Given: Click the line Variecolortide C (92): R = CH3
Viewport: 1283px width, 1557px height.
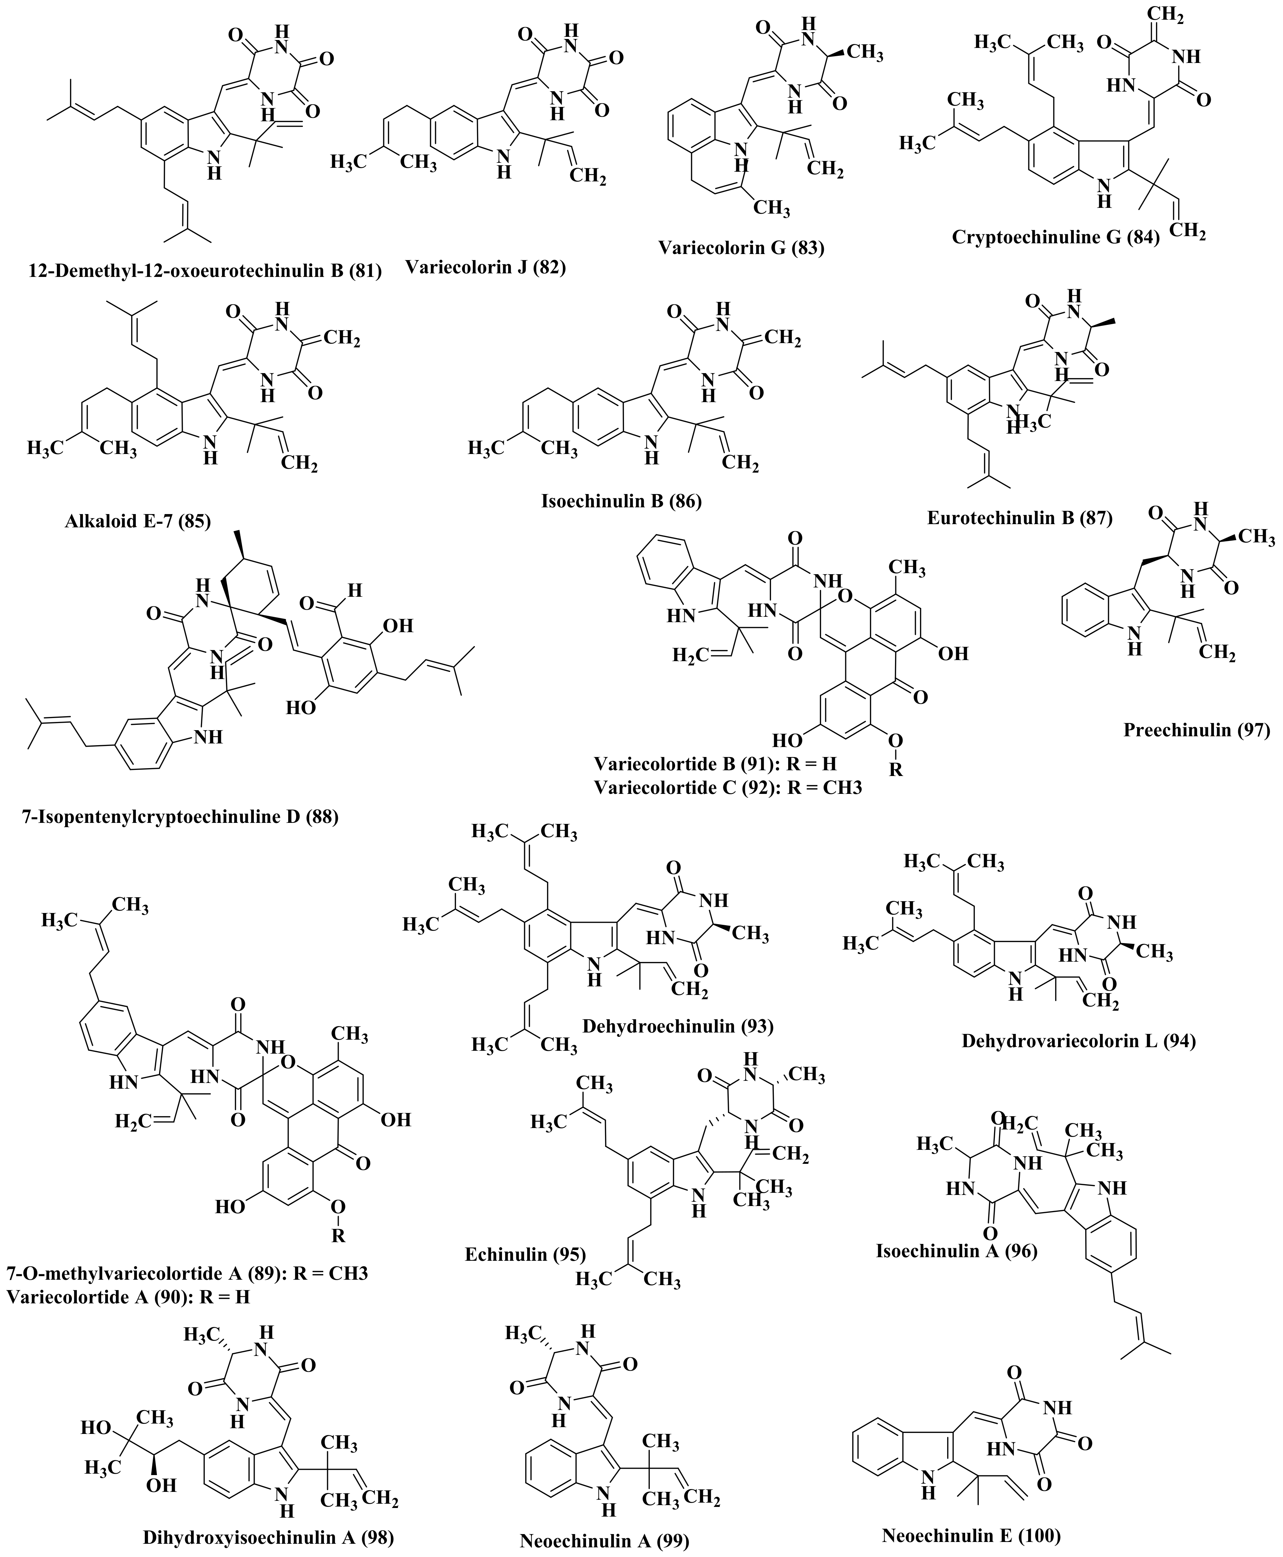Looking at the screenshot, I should (728, 787).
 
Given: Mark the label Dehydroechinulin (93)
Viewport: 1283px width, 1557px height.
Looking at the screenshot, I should (678, 1025).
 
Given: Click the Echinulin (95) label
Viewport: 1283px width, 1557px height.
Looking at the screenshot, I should (526, 1254).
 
